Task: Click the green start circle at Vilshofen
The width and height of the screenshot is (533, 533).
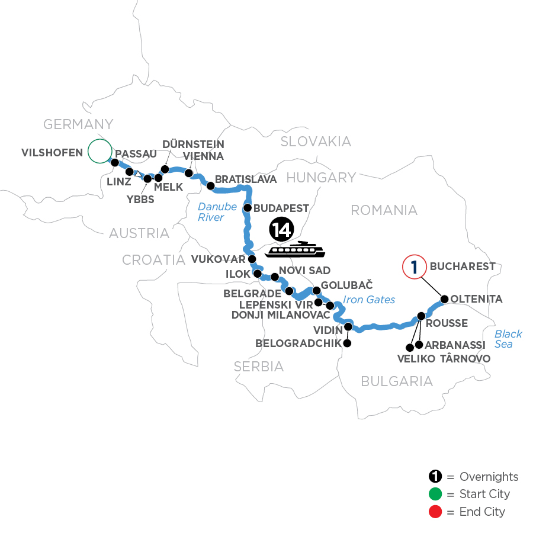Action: coord(99,151)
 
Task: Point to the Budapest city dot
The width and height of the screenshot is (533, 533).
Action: coord(248,208)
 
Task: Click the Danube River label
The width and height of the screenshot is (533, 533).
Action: coord(216,212)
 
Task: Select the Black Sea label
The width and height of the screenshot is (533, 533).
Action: coord(508,338)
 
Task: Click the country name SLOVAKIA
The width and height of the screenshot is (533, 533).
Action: coord(316,142)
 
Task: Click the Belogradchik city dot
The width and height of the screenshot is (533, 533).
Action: coord(347,343)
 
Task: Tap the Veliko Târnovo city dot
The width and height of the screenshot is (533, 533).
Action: coord(409,347)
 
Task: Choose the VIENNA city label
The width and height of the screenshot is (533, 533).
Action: coord(203,156)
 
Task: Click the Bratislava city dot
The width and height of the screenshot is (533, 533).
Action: coord(210,185)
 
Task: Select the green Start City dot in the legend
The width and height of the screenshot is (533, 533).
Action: coord(435,494)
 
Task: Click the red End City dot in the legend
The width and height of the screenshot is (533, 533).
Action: coord(435,511)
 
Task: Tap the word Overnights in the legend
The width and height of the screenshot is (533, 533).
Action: coord(490,477)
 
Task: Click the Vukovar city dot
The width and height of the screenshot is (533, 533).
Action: coord(252,259)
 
